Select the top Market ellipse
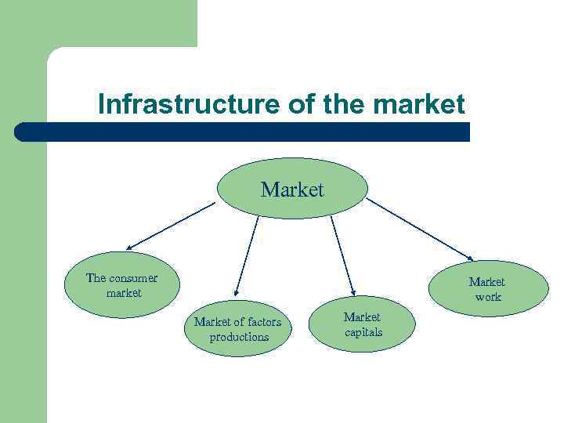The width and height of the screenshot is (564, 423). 291,190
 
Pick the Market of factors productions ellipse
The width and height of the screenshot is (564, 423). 237,329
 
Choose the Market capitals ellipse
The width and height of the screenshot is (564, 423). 362,324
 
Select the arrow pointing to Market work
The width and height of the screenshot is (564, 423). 420,229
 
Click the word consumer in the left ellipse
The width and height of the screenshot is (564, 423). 133,278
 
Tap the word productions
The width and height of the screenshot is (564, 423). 239,337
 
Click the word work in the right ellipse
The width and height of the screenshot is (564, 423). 488,297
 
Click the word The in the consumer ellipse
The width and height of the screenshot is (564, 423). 96,278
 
